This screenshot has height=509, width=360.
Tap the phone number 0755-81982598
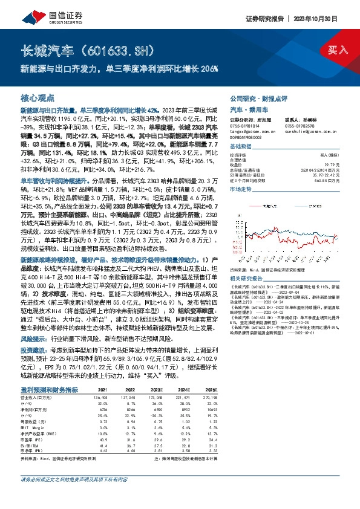point(302,126)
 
